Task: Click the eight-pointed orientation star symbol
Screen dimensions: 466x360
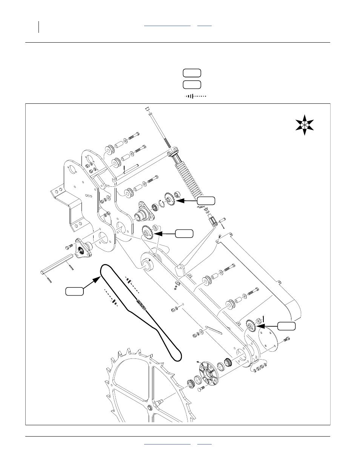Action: click(305, 126)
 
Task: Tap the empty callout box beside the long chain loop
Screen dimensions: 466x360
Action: click(74, 291)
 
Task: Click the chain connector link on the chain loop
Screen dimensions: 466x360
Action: click(141, 304)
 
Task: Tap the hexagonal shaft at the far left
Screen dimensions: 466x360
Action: click(57, 264)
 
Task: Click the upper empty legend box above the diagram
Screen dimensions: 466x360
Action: click(192, 73)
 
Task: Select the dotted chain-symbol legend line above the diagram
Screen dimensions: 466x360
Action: click(195, 96)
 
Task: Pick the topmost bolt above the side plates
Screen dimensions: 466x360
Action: click(134, 135)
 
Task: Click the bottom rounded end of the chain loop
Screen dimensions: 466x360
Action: click(175, 356)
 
